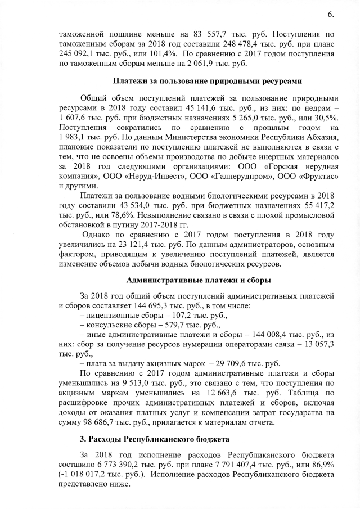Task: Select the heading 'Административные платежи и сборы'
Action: click(x=199, y=280)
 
